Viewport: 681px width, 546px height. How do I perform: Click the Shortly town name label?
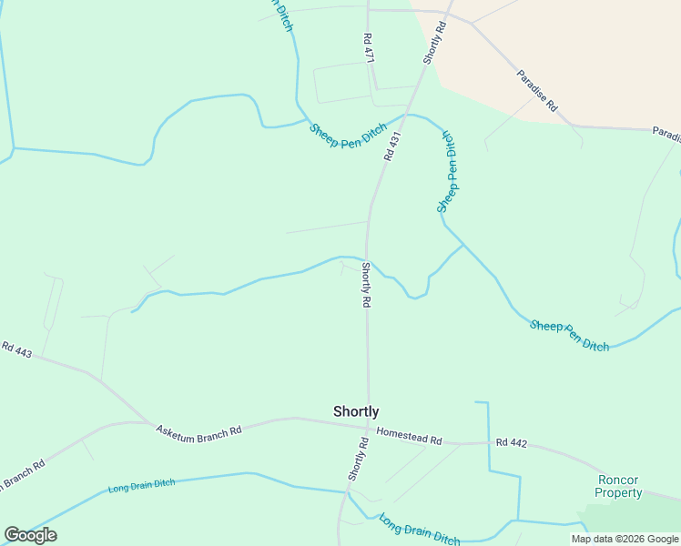point(356,411)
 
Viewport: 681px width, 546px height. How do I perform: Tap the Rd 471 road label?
point(369,48)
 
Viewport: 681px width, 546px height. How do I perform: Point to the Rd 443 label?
point(15,349)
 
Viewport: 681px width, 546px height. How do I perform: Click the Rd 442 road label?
point(512,443)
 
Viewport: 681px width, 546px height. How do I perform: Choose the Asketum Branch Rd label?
point(198,430)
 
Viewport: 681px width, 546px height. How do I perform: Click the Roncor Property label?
point(619,486)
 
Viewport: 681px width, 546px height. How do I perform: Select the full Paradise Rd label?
point(536,90)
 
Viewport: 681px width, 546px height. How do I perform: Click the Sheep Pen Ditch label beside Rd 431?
point(349,137)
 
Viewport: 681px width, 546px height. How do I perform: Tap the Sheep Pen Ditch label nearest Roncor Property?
point(570,335)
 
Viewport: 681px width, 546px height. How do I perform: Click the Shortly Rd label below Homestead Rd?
point(357,460)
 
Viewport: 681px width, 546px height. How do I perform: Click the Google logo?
point(30,535)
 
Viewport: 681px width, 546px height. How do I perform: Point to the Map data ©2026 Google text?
point(625,539)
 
